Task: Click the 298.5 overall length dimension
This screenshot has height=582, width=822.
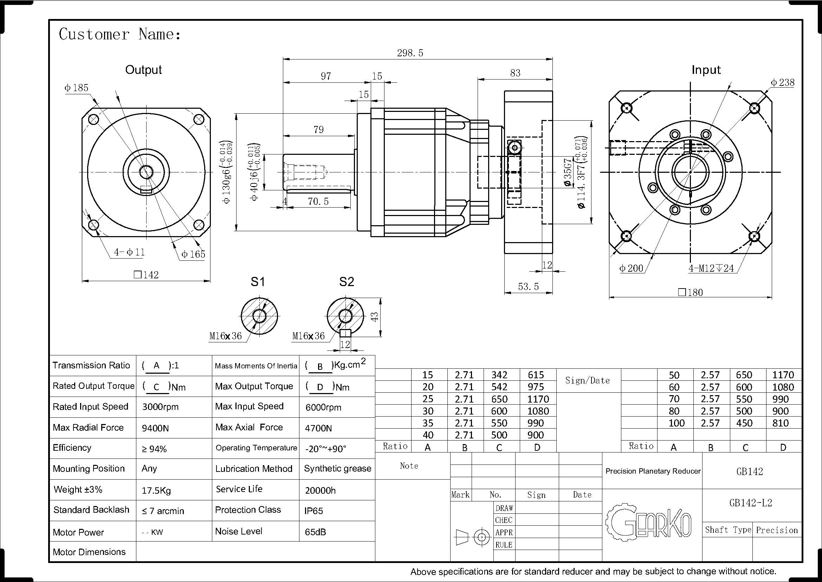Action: point(410,53)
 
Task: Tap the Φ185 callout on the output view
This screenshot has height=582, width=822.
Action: point(76,88)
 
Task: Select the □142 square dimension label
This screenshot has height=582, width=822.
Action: point(146,275)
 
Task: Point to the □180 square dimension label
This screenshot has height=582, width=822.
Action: point(690,292)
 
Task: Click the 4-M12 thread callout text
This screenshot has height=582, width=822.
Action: point(711,268)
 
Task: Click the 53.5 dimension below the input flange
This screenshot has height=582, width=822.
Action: point(528,286)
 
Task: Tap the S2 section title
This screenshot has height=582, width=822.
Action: point(346,282)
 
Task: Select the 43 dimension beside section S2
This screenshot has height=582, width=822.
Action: point(374,317)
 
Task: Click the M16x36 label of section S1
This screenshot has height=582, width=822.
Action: point(226,336)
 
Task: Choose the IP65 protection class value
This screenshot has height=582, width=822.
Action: point(313,511)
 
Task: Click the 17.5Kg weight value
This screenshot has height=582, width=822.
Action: point(156,490)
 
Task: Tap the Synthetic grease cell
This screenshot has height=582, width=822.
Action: point(337,469)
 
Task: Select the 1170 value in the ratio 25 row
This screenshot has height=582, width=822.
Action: point(538,399)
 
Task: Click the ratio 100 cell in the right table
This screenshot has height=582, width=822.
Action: point(676,423)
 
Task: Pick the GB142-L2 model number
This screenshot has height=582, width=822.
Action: point(750,503)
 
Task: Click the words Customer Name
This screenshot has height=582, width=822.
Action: point(119,34)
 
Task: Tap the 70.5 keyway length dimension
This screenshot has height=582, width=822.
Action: point(318,201)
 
